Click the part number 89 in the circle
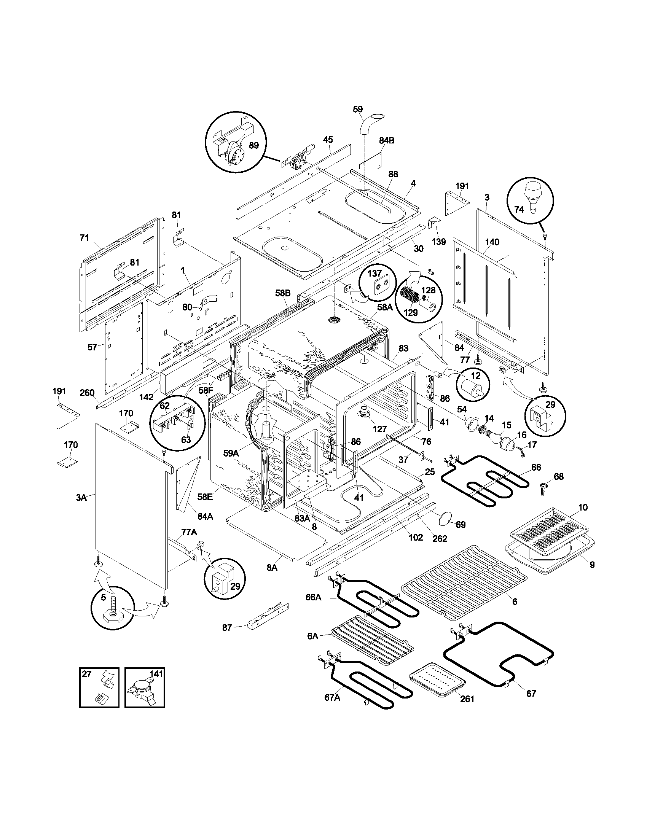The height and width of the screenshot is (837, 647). (x=253, y=145)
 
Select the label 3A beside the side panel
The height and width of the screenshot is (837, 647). (x=81, y=498)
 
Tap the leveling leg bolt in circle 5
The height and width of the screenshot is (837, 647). (x=113, y=610)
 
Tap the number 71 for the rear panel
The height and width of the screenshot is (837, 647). (x=84, y=238)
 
